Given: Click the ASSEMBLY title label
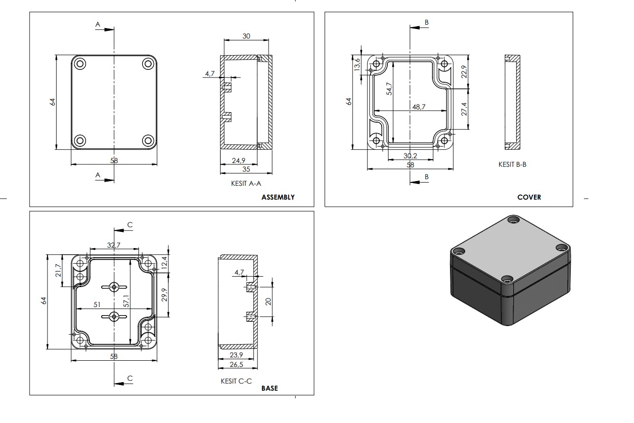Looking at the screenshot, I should pos(278,197).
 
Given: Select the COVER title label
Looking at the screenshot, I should pos(529,197).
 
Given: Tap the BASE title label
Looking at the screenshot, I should pos(269,388).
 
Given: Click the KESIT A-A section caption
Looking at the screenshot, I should pos(246,183).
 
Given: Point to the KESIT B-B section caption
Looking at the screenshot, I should pos(512,164).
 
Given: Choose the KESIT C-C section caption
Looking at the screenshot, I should pos(236,381).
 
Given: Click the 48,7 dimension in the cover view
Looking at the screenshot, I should pos(419,107).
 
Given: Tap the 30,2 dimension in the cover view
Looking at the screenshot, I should pos(410,156).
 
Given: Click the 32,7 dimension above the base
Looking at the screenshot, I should pos(114,246).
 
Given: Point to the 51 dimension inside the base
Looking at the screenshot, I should pos(96,305).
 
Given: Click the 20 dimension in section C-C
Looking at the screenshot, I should pos(268,301).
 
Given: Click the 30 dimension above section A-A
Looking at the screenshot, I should pos(246,37).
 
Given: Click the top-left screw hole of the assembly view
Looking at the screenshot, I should pos(79,64).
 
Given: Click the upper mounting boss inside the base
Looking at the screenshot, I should pos(114,287).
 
